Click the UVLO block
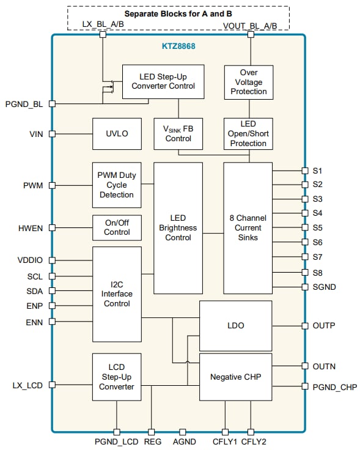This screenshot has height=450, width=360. point(117,133)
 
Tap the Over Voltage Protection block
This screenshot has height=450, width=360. point(248,82)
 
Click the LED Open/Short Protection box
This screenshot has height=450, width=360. point(248,134)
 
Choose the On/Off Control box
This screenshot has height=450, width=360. point(117,227)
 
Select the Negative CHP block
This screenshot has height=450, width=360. point(235,377)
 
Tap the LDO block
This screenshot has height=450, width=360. point(235,325)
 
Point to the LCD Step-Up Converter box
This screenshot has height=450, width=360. point(116,378)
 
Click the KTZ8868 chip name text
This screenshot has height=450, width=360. point(178,46)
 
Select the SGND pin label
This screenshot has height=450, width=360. point(324,287)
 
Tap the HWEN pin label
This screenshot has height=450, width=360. point(31,228)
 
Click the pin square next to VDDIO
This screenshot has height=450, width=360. point(52,260)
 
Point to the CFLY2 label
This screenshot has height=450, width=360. point(254,441)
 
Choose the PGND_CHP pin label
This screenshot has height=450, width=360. point(334,386)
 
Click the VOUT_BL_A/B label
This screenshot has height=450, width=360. point(250,25)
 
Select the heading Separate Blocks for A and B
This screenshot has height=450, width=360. point(177,13)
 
